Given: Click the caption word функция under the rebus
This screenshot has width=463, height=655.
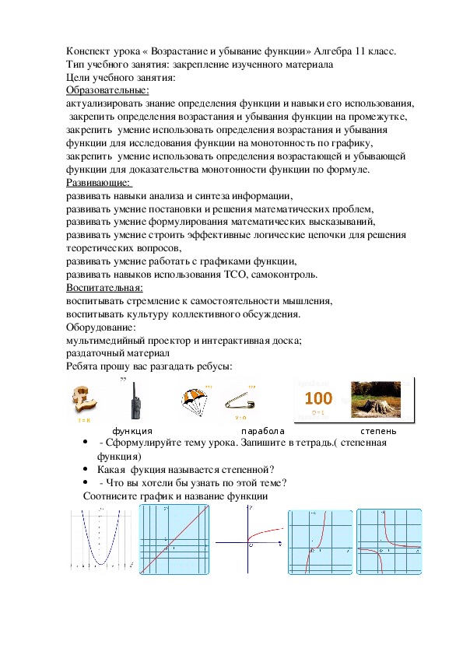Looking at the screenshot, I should click(x=132, y=430).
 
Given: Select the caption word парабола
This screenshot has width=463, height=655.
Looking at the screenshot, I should click(x=262, y=430).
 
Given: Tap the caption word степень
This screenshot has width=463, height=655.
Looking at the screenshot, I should click(x=378, y=430).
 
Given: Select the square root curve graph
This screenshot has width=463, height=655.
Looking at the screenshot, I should click(x=249, y=541).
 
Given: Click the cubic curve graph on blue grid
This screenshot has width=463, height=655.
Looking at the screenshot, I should click(x=320, y=541).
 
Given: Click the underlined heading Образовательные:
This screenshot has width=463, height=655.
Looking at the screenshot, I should click(x=107, y=90).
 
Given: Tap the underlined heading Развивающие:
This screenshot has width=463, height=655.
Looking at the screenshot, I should click(x=99, y=184).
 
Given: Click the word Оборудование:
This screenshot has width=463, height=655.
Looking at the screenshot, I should click(x=101, y=327).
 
